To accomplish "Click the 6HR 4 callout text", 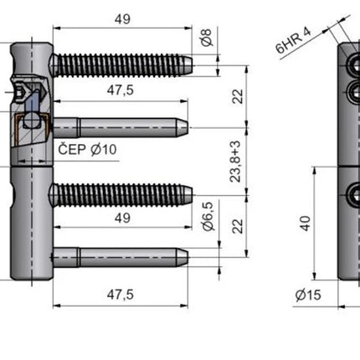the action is pos(293,40).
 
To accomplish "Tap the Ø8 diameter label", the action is pos(207,38).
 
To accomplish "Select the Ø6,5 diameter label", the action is pos(208,216).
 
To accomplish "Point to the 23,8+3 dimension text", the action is pos(235,162).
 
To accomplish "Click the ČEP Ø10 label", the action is pos(87,150).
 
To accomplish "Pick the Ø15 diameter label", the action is pos(308,295).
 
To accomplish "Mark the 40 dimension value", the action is pos(306,224).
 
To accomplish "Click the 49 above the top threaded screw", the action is pos(122,19).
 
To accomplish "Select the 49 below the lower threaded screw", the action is pos(122,218).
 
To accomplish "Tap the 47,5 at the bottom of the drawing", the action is pos(121,295).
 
